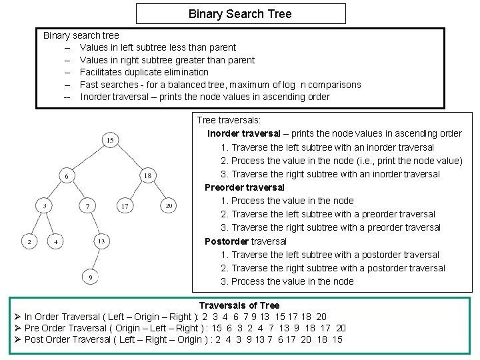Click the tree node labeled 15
(x=110, y=141)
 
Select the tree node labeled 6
(x=67, y=175)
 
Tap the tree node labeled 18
(x=148, y=175)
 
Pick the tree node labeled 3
(x=44, y=207)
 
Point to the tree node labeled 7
(x=87, y=207)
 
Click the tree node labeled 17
(x=125, y=207)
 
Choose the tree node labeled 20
(x=169, y=207)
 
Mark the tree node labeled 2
(x=29, y=241)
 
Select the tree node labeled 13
(x=101, y=241)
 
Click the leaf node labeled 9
(x=90, y=276)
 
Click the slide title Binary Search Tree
(x=240, y=14)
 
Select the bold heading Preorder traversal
(x=244, y=187)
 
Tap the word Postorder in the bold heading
(x=227, y=241)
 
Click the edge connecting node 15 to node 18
(x=129, y=158)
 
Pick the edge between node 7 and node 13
(x=94, y=224)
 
